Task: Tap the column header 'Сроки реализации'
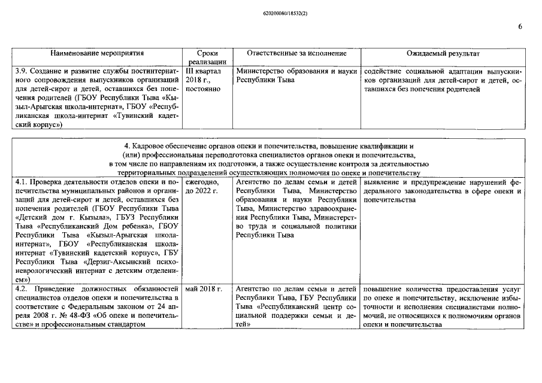tap(207, 57)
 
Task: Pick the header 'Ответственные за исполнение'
tap(296, 53)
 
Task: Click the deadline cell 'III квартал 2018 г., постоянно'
tap(204, 80)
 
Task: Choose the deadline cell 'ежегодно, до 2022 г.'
tap(202, 186)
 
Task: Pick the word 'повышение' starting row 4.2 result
tap(382, 288)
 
